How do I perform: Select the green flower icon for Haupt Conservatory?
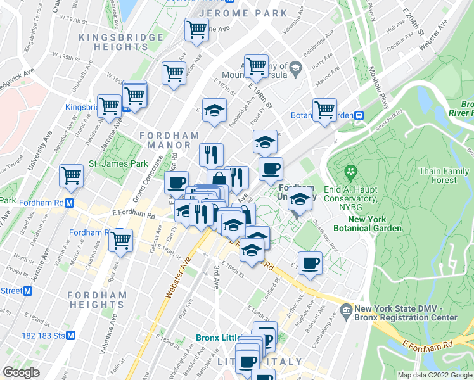pos(350,172)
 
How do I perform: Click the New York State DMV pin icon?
pos(346,310)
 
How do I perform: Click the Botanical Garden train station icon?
pos(359,115)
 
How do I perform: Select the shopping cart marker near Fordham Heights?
pos(120,241)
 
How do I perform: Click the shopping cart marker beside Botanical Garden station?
pos(325,109)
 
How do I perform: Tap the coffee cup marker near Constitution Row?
pos(310,263)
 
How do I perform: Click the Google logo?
pos(21,372)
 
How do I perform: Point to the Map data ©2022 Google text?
pos(434,375)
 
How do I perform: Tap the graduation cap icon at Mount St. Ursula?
pos(295,66)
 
